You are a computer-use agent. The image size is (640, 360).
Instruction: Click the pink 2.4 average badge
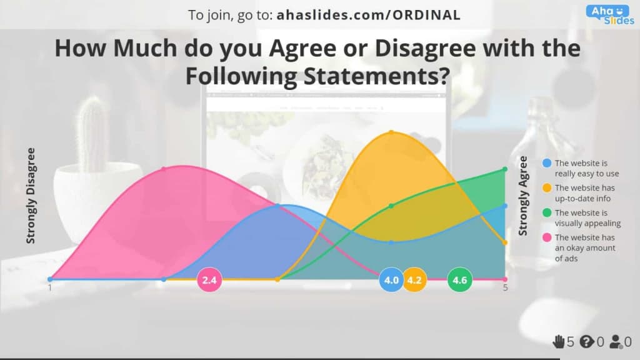[x=209, y=280]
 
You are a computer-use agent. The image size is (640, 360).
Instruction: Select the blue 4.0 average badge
[x=391, y=280]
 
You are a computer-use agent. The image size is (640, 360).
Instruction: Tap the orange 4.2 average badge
[x=414, y=280]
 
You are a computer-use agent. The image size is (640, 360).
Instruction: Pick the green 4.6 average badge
[x=459, y=280]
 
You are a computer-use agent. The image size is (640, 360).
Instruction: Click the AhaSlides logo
[x=610, y=15]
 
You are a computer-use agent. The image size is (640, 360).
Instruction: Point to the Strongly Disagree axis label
[x=31, y=196]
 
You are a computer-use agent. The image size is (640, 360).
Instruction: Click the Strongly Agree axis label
[x=523, y=196]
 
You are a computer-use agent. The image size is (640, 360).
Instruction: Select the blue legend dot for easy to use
[x=547, y=163]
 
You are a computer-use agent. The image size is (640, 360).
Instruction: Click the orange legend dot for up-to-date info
[x=547, y=187]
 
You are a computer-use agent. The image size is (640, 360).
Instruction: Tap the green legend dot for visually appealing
[x=547, y=212]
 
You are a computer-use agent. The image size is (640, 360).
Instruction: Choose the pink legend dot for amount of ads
[x=547, y=237]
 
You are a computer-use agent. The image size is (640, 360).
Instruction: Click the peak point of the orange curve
[x=391, y=132]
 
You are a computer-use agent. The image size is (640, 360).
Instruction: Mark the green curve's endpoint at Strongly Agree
[x=505, y=169]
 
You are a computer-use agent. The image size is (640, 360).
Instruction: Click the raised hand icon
[x=558, y=341]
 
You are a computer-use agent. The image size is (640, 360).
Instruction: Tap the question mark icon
[x=586, y=341]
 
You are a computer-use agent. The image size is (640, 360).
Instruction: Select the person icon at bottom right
[x=616, y=342]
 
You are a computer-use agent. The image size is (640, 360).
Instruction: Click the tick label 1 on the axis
[x=50, y=287]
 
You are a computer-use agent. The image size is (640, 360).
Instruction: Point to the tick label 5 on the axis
[x=505, y=287]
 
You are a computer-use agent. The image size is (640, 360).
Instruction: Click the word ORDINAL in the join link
[x=426, y=15]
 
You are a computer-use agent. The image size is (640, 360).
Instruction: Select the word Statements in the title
[x=377, y=76]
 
